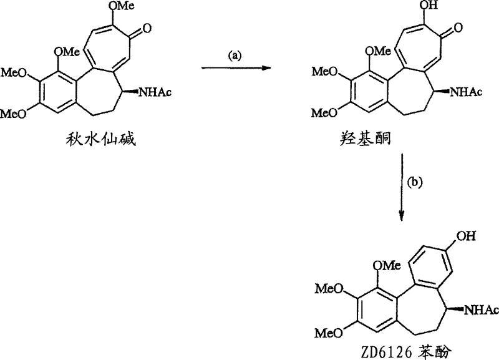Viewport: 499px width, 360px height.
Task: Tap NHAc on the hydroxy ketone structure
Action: tap(466, 93)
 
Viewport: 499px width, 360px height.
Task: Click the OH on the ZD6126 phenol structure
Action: tap(469, 236)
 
